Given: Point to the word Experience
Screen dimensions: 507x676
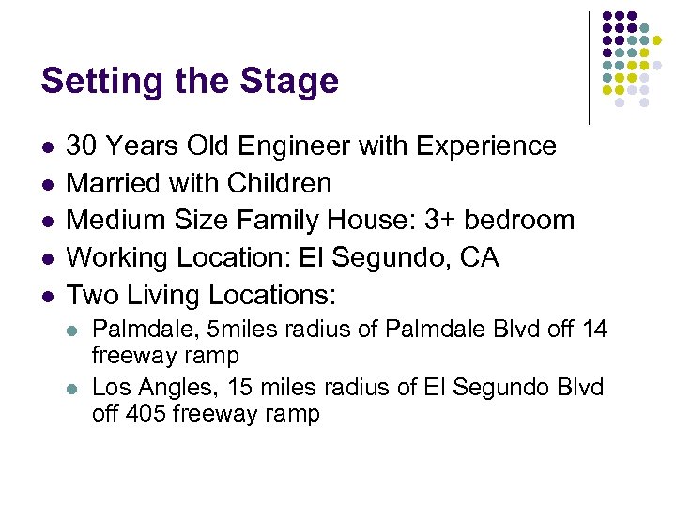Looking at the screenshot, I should [x=484, y=146].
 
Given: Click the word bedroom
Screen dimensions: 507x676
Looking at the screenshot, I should [x=521, y=221].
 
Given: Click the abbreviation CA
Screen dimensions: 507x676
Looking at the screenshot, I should [x=480, y=257].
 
